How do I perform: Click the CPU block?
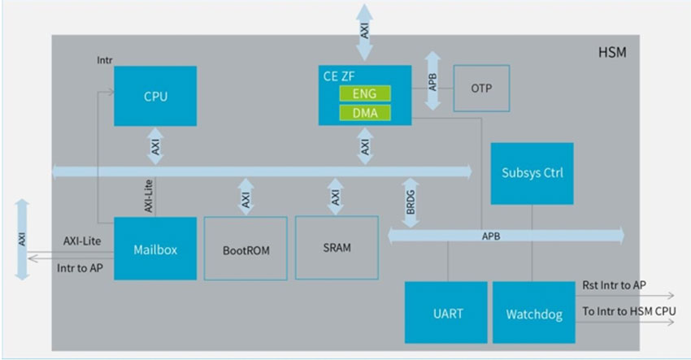pyautogui.click(x=154, y=96)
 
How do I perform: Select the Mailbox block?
pyautogui.click(x=154, y=249)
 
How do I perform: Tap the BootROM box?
pyautogui.click(x=246, y=249)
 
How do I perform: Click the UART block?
pyautogui.click(x=445, y=312)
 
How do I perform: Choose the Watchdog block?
pyautogui.click(x=533, y=312)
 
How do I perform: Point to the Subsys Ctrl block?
pyautogui.click(x=532, y=173)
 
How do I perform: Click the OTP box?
pyautogui.click(x=481, y=88)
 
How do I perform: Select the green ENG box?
pyautogui.click(x=365, y=93)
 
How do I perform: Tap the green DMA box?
pyautogui.click(x=365, y=112)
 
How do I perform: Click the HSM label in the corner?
pyautogui.click(x=612, y=54)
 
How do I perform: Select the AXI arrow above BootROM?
pyautogui.click(x=245, y=196)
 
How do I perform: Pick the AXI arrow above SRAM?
pyautogui.click(x=335, y=196)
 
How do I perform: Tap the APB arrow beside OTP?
pyautogui.click(x=433, y=81)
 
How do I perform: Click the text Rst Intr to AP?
pyautogui.click(x=615, y=285)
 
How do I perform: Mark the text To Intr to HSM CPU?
pyautogui.click(x=628, y=312)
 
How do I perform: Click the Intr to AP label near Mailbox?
pyautogui.click(x=80, y=267)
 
